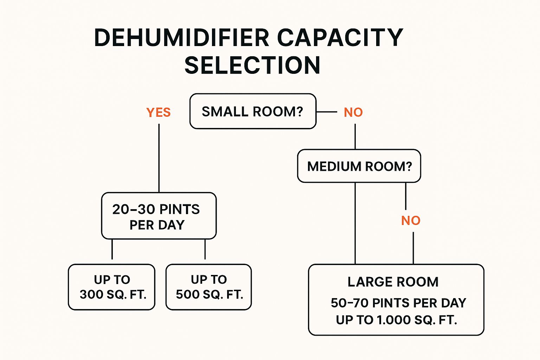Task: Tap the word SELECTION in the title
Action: (252, 66)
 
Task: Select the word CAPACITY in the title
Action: (340, 38)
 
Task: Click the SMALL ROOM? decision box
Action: (253, 111)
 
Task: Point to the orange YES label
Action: (159, 112)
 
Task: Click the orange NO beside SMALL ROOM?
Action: (353, 112)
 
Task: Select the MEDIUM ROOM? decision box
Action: (359, 166)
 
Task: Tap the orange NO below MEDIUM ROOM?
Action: (411, 221)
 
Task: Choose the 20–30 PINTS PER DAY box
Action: (159, 216)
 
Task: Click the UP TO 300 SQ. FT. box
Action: (112, 287)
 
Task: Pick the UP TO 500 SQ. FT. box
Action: (209, 287)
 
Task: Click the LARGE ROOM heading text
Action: (393, 282)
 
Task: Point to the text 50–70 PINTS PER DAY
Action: (398, 303)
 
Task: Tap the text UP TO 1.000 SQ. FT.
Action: (396, 320)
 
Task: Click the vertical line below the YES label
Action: (159, 158)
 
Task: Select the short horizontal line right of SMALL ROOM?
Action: (327, 112)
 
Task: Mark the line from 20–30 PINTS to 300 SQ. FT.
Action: (112, 249)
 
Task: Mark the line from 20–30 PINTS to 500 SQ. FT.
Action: (205, 249)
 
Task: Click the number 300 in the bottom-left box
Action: (91, 295)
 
